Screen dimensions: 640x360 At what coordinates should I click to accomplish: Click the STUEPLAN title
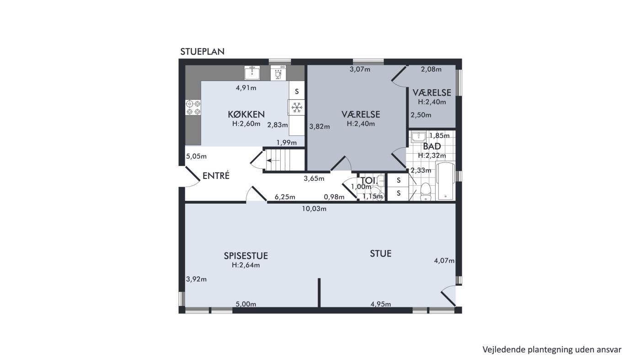point(202,52)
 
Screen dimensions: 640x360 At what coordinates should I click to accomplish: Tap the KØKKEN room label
point(246,114)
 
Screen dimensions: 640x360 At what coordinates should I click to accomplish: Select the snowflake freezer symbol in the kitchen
point(297,107)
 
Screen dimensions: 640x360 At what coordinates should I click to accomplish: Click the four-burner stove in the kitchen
point(193,107)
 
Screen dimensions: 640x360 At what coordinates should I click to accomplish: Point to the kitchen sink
point(252,73)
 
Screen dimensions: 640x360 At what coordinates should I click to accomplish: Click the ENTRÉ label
point(216,176)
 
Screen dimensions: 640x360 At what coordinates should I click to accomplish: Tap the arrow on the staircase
point(272,161)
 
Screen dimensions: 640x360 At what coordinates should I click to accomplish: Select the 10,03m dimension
point(314,209)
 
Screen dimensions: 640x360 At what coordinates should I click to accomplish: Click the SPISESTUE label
point(246,256)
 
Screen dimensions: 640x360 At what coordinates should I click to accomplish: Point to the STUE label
point(380,253)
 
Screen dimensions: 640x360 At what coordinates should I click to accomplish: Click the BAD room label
point(432,146)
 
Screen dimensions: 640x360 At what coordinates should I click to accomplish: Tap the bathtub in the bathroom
point(445,181)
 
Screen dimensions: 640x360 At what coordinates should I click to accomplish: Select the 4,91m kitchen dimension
point(246,88)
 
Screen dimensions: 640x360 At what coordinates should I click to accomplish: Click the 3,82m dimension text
point(320,126)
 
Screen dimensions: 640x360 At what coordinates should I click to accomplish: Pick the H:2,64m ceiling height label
point(246,265)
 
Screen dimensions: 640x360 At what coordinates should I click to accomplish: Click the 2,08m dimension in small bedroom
point(431,69)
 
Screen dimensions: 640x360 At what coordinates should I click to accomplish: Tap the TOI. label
point(369,180)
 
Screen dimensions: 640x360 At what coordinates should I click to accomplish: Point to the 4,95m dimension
point(380,304)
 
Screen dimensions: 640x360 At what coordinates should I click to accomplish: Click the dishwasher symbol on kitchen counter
point(278,73)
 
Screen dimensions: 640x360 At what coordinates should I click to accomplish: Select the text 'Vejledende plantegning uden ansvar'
point(552,349)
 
